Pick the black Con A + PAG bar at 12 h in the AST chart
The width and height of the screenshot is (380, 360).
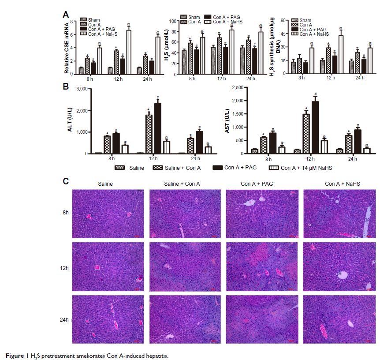[316, 127]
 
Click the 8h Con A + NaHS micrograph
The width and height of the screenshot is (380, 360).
[339, 214]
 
